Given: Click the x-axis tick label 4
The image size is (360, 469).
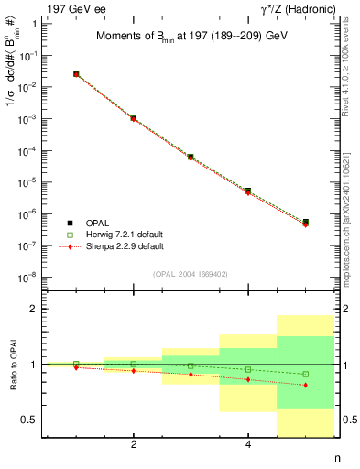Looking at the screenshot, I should (248, 445).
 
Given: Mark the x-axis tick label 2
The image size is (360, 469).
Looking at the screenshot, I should (134, 445).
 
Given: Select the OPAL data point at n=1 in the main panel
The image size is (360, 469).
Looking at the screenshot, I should (76, 73).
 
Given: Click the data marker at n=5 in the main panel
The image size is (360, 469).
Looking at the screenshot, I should (305, 223).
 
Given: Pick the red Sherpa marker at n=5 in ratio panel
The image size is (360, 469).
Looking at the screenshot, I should (305, 385).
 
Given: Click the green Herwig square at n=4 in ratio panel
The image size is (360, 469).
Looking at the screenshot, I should (248, 369).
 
